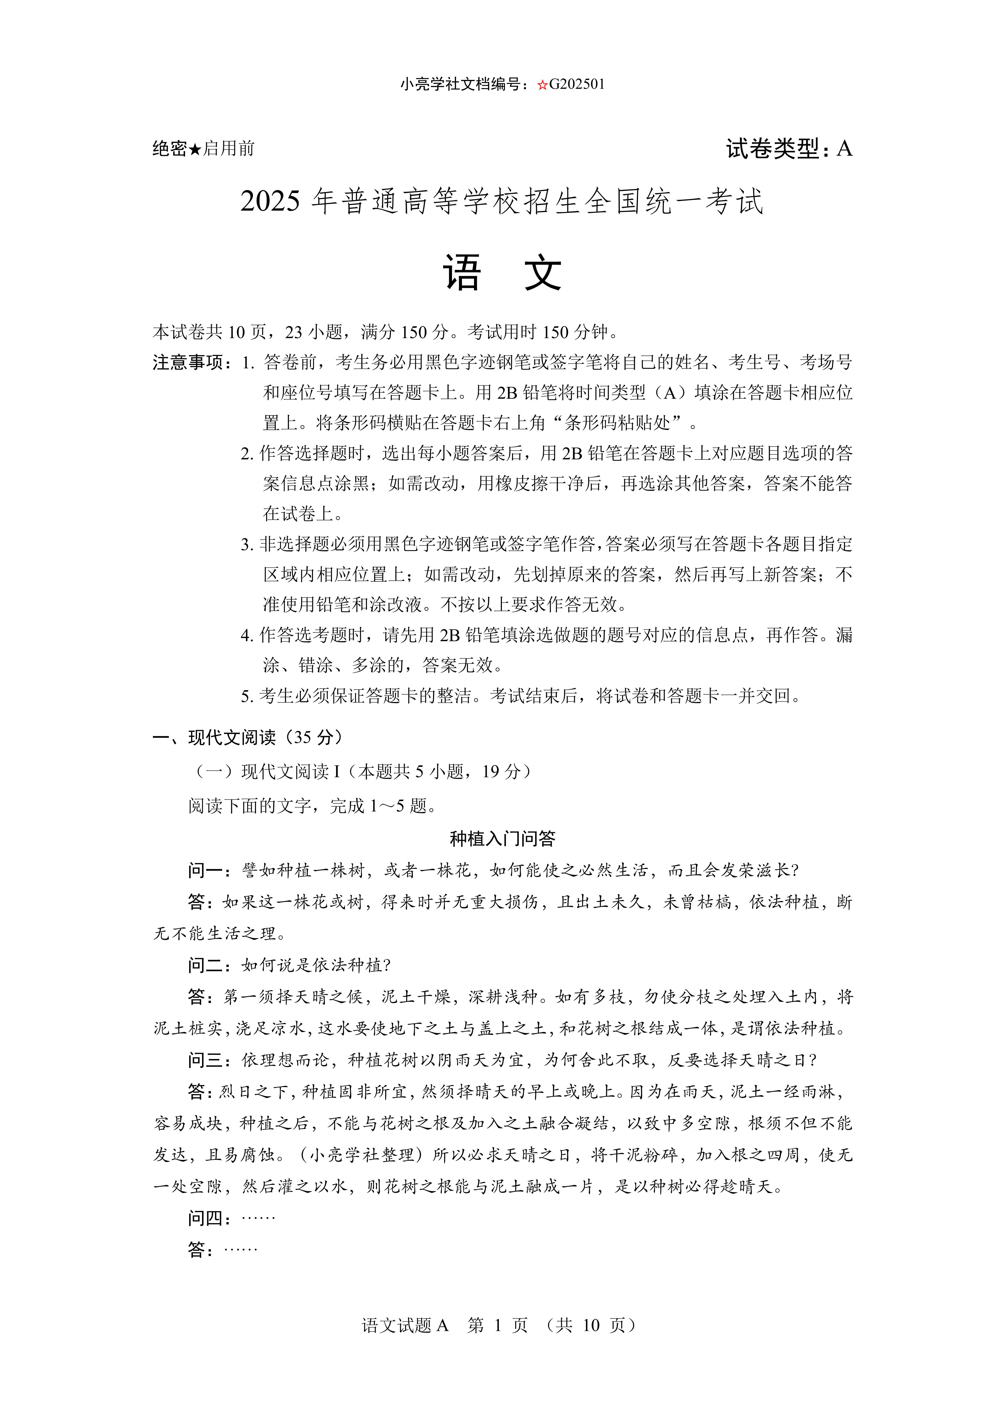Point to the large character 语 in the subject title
pyautogui.click(x=462, y=274)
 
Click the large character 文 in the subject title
pyautogui.click(x=543, y=274)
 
